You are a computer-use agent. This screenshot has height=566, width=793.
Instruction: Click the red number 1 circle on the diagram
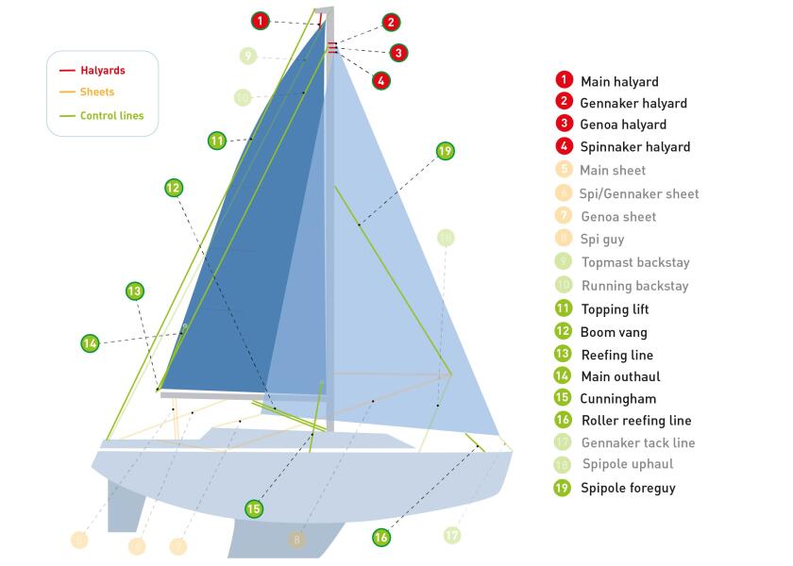[262, 20]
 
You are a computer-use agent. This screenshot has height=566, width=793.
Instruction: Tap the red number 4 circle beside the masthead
[380, 80]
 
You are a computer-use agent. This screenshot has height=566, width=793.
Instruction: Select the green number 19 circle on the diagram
[446, 151]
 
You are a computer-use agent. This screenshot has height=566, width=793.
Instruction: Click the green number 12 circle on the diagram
[173, 188]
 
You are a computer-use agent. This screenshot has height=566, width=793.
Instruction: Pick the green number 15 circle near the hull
[253, 508]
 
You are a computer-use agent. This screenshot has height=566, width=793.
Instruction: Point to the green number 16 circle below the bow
[380, 537]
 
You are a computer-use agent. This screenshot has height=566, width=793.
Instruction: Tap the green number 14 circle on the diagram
[90, 343]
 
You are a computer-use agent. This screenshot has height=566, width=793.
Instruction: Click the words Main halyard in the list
[619, 82]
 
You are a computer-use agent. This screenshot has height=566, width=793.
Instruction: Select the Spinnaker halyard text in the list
[634, 146]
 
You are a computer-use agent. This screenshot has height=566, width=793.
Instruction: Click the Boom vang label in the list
[614, 332]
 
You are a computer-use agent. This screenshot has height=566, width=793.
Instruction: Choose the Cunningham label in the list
[617, 398]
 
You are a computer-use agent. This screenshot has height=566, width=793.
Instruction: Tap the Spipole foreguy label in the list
[628, 488]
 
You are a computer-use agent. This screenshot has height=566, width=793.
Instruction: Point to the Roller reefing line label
[636, 421]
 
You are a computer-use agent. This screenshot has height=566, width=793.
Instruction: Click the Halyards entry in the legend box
[102, 71]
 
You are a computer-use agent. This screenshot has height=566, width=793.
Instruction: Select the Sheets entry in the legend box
[97, 92]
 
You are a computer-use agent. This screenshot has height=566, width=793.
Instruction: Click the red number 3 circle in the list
[564, 124]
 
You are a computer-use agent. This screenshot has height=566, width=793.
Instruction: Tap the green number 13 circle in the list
[564, 355]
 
